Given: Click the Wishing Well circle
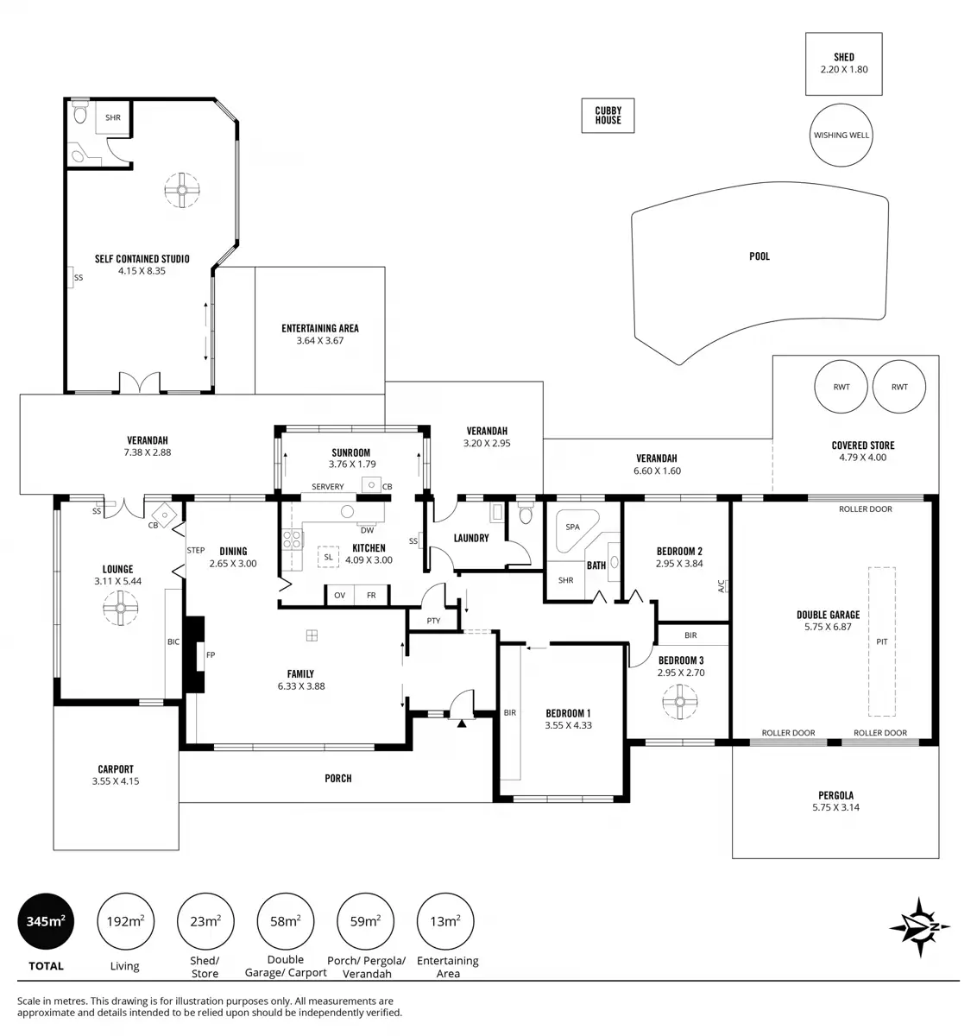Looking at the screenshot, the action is (841, 136).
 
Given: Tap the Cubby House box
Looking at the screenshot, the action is (608, 115).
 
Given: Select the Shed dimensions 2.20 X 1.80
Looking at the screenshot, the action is (844, 69).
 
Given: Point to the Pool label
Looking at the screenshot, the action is (760, 256).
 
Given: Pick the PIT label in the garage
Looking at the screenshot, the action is (881, 642).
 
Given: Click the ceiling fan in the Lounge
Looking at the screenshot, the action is (118, 608).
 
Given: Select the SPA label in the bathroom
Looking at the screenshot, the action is (572, 527).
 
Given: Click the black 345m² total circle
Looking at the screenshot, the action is (46, 921).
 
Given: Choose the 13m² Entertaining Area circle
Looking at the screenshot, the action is (445, 921).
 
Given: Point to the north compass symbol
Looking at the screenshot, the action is (920, 927).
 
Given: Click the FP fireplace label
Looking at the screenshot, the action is (211, 655).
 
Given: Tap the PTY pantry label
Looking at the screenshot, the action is (433, 621).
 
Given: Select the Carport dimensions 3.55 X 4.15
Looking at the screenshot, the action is (116, 781).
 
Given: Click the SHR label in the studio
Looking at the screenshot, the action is (113, 117).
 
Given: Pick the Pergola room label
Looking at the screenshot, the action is (835, 795).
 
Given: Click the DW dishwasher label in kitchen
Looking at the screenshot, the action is (367, 530).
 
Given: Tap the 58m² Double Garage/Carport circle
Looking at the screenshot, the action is (286, 921).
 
